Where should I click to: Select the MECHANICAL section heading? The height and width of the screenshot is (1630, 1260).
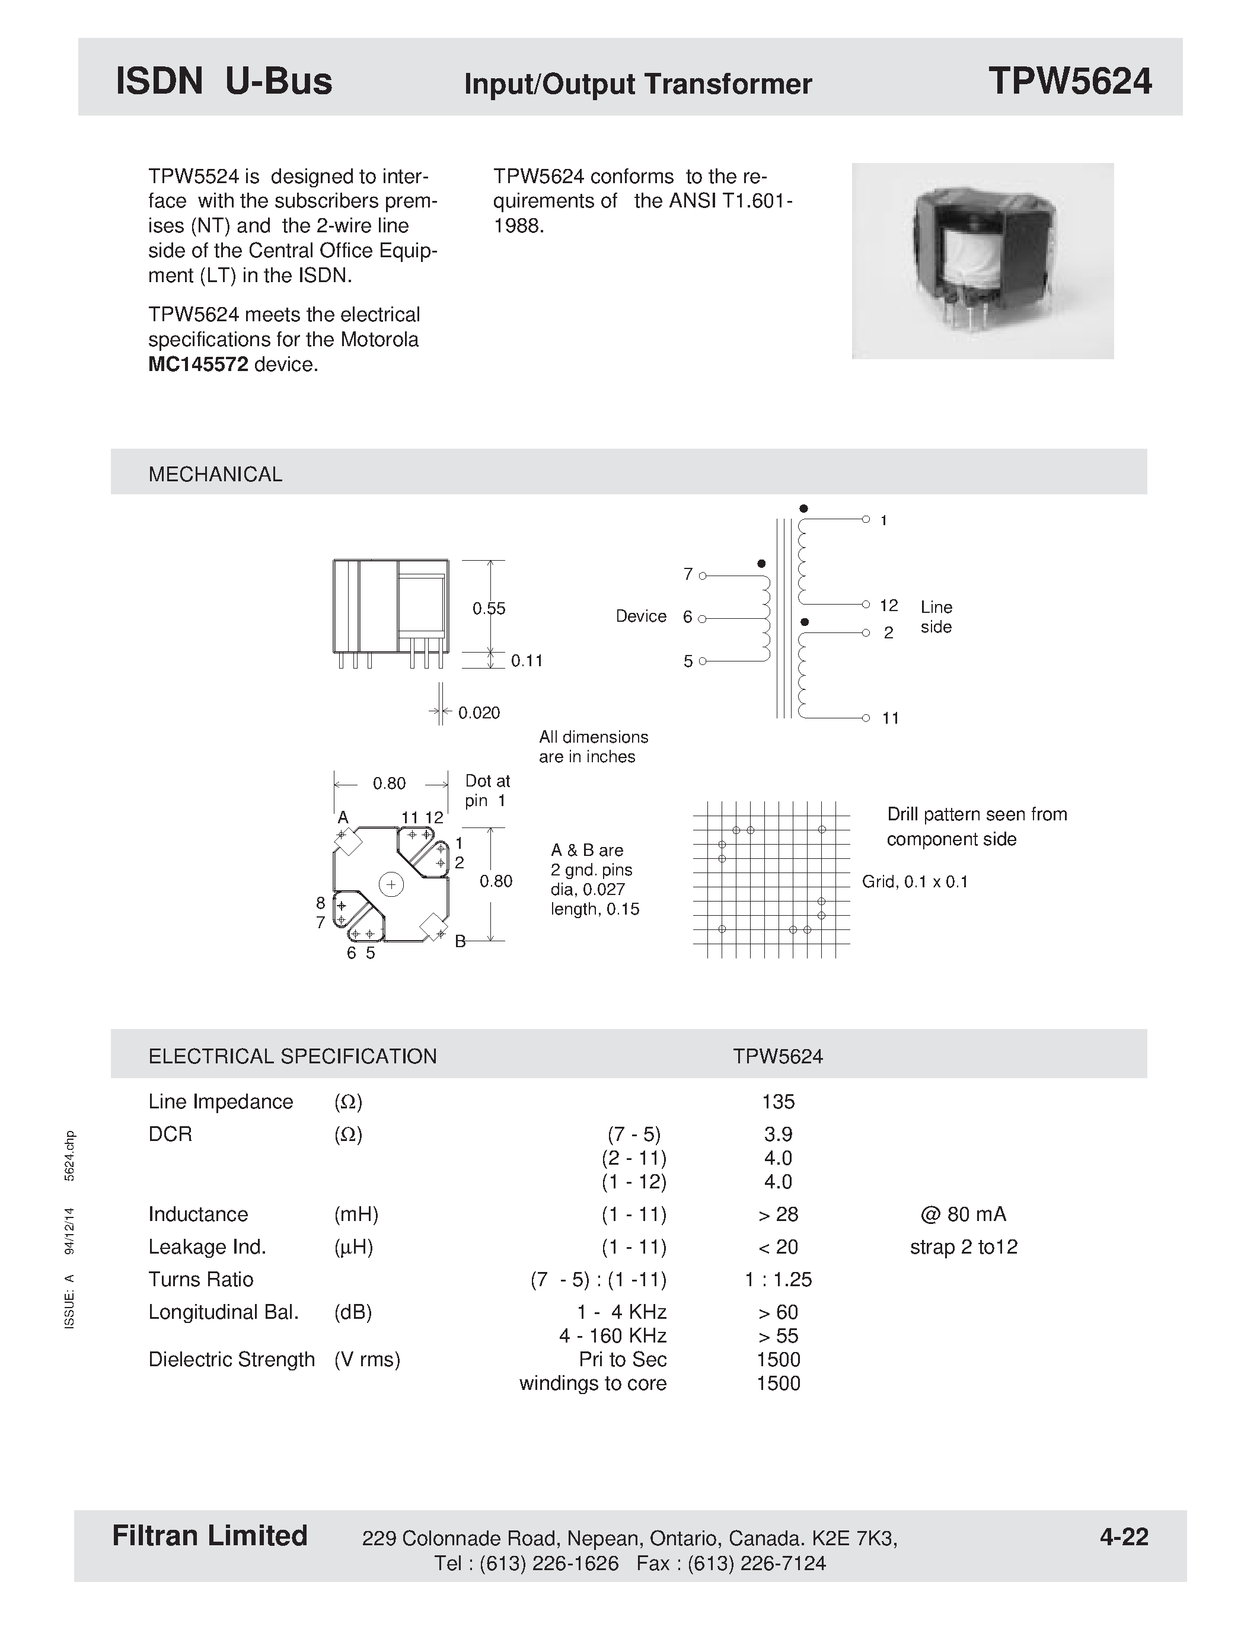coord(215,475)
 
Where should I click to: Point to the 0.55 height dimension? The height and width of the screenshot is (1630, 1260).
coord(489,608)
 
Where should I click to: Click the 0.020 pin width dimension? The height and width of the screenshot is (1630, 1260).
coord(479,712)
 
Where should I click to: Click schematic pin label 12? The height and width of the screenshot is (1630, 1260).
coord(888,605)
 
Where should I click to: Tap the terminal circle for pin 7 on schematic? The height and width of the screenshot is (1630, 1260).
coord(703,576)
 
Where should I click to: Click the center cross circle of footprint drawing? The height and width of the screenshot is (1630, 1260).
coord(391,884)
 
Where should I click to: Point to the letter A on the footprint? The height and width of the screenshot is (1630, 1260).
coord(343,817)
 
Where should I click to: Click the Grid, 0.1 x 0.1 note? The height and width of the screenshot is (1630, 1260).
coord(914,882)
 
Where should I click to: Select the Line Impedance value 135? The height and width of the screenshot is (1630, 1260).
coord(778,1102)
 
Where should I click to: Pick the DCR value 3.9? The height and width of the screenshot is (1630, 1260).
coord(778,1134)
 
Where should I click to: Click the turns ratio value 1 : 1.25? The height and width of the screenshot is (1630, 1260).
coord(778,1279)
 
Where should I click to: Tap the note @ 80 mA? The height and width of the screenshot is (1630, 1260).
coord(963,1214)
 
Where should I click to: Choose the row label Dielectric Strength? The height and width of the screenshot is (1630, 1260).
coord(231,1359)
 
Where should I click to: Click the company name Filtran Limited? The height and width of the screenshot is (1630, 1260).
coord(210,1536)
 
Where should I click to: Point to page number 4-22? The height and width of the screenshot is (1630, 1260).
coord(1124,1537)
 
